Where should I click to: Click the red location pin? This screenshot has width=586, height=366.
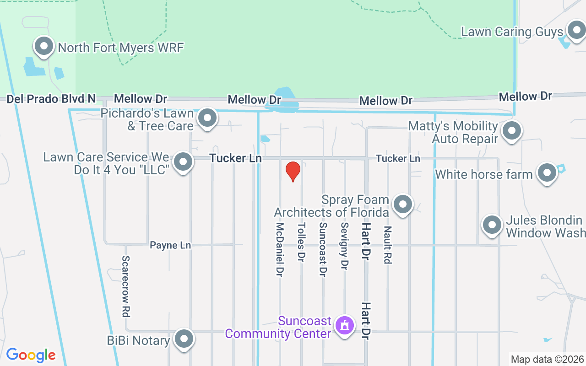click(x=293, y=171)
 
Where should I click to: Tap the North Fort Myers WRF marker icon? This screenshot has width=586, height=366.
click(x=44, y=47)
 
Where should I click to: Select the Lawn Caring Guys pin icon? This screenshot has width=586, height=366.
click(x=576, y=31)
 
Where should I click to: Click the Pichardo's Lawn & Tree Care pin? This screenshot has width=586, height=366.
click(x=207, y=118)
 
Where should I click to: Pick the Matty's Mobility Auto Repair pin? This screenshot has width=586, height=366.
click(x=512, y=131)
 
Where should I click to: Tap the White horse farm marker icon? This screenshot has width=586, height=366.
click(x=547, y=173)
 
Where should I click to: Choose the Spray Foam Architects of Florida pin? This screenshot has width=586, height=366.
click(x=403, y=205)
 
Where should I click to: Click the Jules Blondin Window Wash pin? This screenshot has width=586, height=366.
click(x=492, y=225)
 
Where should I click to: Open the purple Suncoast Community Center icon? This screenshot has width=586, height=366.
click(x=344, y=326)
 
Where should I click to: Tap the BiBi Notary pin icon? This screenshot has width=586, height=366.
click(x=184, y=339)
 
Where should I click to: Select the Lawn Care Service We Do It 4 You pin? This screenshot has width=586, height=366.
click(x=184, y=162)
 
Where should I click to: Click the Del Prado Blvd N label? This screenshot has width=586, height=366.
click(x=51, y=98)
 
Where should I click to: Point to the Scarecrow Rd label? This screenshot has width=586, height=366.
click(x=126, y=286)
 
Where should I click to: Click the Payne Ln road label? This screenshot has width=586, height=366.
click(x=170, y=245)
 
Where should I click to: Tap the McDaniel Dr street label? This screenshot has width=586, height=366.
click(x=280, y=249)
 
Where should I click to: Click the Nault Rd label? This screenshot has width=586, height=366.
click(x=388, y=245)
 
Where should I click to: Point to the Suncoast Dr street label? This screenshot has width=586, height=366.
click(x=323, y=249)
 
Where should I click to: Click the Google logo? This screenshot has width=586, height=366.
click(x=31, y=355)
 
